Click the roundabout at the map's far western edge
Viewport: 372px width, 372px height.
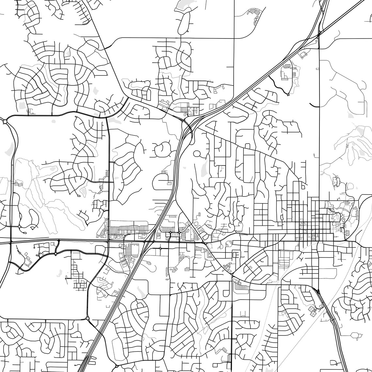[5, 121]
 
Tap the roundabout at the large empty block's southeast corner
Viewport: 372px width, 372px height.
[87, 318]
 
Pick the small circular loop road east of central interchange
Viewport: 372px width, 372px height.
[197, 153]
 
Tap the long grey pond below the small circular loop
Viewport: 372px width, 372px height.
[204, 168]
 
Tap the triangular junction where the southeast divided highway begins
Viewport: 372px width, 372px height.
[318, 290]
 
